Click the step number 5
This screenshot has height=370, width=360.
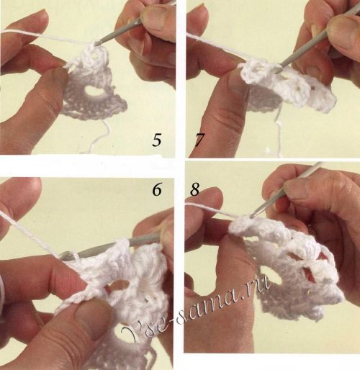pos(156,140)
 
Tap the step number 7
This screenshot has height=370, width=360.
pos(199,140)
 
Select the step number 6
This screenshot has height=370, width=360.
pos(157,190)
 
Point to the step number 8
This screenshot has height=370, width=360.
pos(195,189)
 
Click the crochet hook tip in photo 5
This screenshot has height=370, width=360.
pos(97,43)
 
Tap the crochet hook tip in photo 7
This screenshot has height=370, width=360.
pos(279,70)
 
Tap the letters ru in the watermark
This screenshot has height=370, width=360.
pos(261,285)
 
